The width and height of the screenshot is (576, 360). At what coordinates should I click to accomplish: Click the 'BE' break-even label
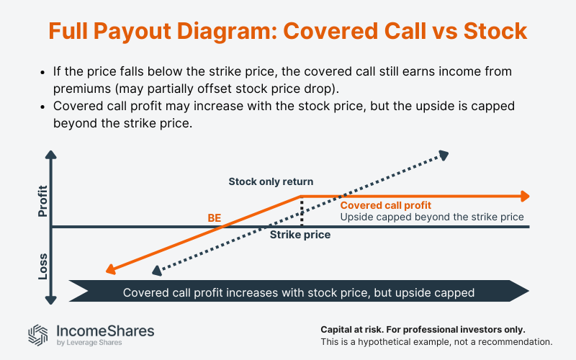click(214, 217)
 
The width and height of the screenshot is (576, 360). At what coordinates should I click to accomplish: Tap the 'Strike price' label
click(300, 235)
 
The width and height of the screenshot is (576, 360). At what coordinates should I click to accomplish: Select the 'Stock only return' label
click(271, 181)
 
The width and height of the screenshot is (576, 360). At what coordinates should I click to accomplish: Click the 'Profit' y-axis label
click(42, 202)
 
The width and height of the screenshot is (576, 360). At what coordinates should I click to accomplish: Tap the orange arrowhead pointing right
click(525, 196)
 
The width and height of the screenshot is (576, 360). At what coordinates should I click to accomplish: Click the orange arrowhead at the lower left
click(110, 269)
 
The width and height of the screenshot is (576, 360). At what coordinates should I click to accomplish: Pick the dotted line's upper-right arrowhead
click(444, 153)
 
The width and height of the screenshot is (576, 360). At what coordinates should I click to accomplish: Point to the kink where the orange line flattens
click(300, 196)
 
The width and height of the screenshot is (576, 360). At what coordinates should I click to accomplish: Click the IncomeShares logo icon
click(38, 334)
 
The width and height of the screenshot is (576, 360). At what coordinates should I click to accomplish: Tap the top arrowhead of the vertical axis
click(50, 154)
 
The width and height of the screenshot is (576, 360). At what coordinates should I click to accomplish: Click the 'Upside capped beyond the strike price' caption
click(431, 216)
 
